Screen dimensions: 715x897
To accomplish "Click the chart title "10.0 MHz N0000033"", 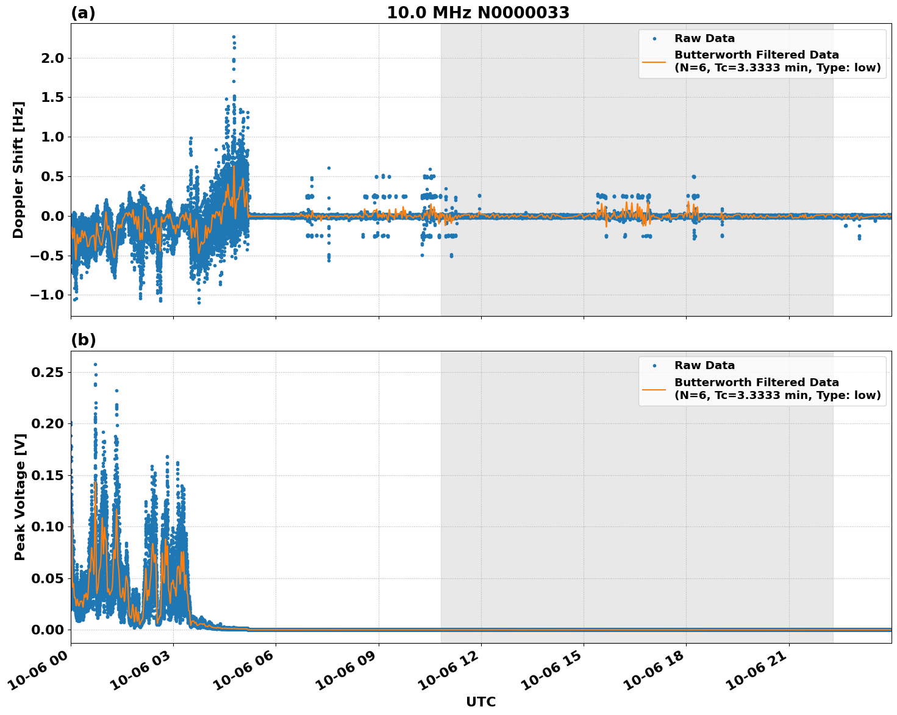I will (477, 13).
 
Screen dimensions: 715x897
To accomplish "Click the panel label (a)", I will (83, 13).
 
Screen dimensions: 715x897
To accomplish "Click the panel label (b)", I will (83, 340).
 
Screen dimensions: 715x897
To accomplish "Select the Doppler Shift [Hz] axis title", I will (18, 170).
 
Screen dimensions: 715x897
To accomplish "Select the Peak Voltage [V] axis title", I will (20, 497).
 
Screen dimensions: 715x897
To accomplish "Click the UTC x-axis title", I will (481, 702).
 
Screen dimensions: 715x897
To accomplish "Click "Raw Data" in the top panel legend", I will (704, 38).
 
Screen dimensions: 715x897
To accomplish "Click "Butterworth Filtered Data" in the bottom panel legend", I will (756, 383).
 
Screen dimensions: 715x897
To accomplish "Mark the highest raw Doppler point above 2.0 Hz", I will (234, 37).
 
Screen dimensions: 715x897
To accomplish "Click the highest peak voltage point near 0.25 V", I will (95, 364).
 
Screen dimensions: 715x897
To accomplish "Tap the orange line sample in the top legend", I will (654, 61).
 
